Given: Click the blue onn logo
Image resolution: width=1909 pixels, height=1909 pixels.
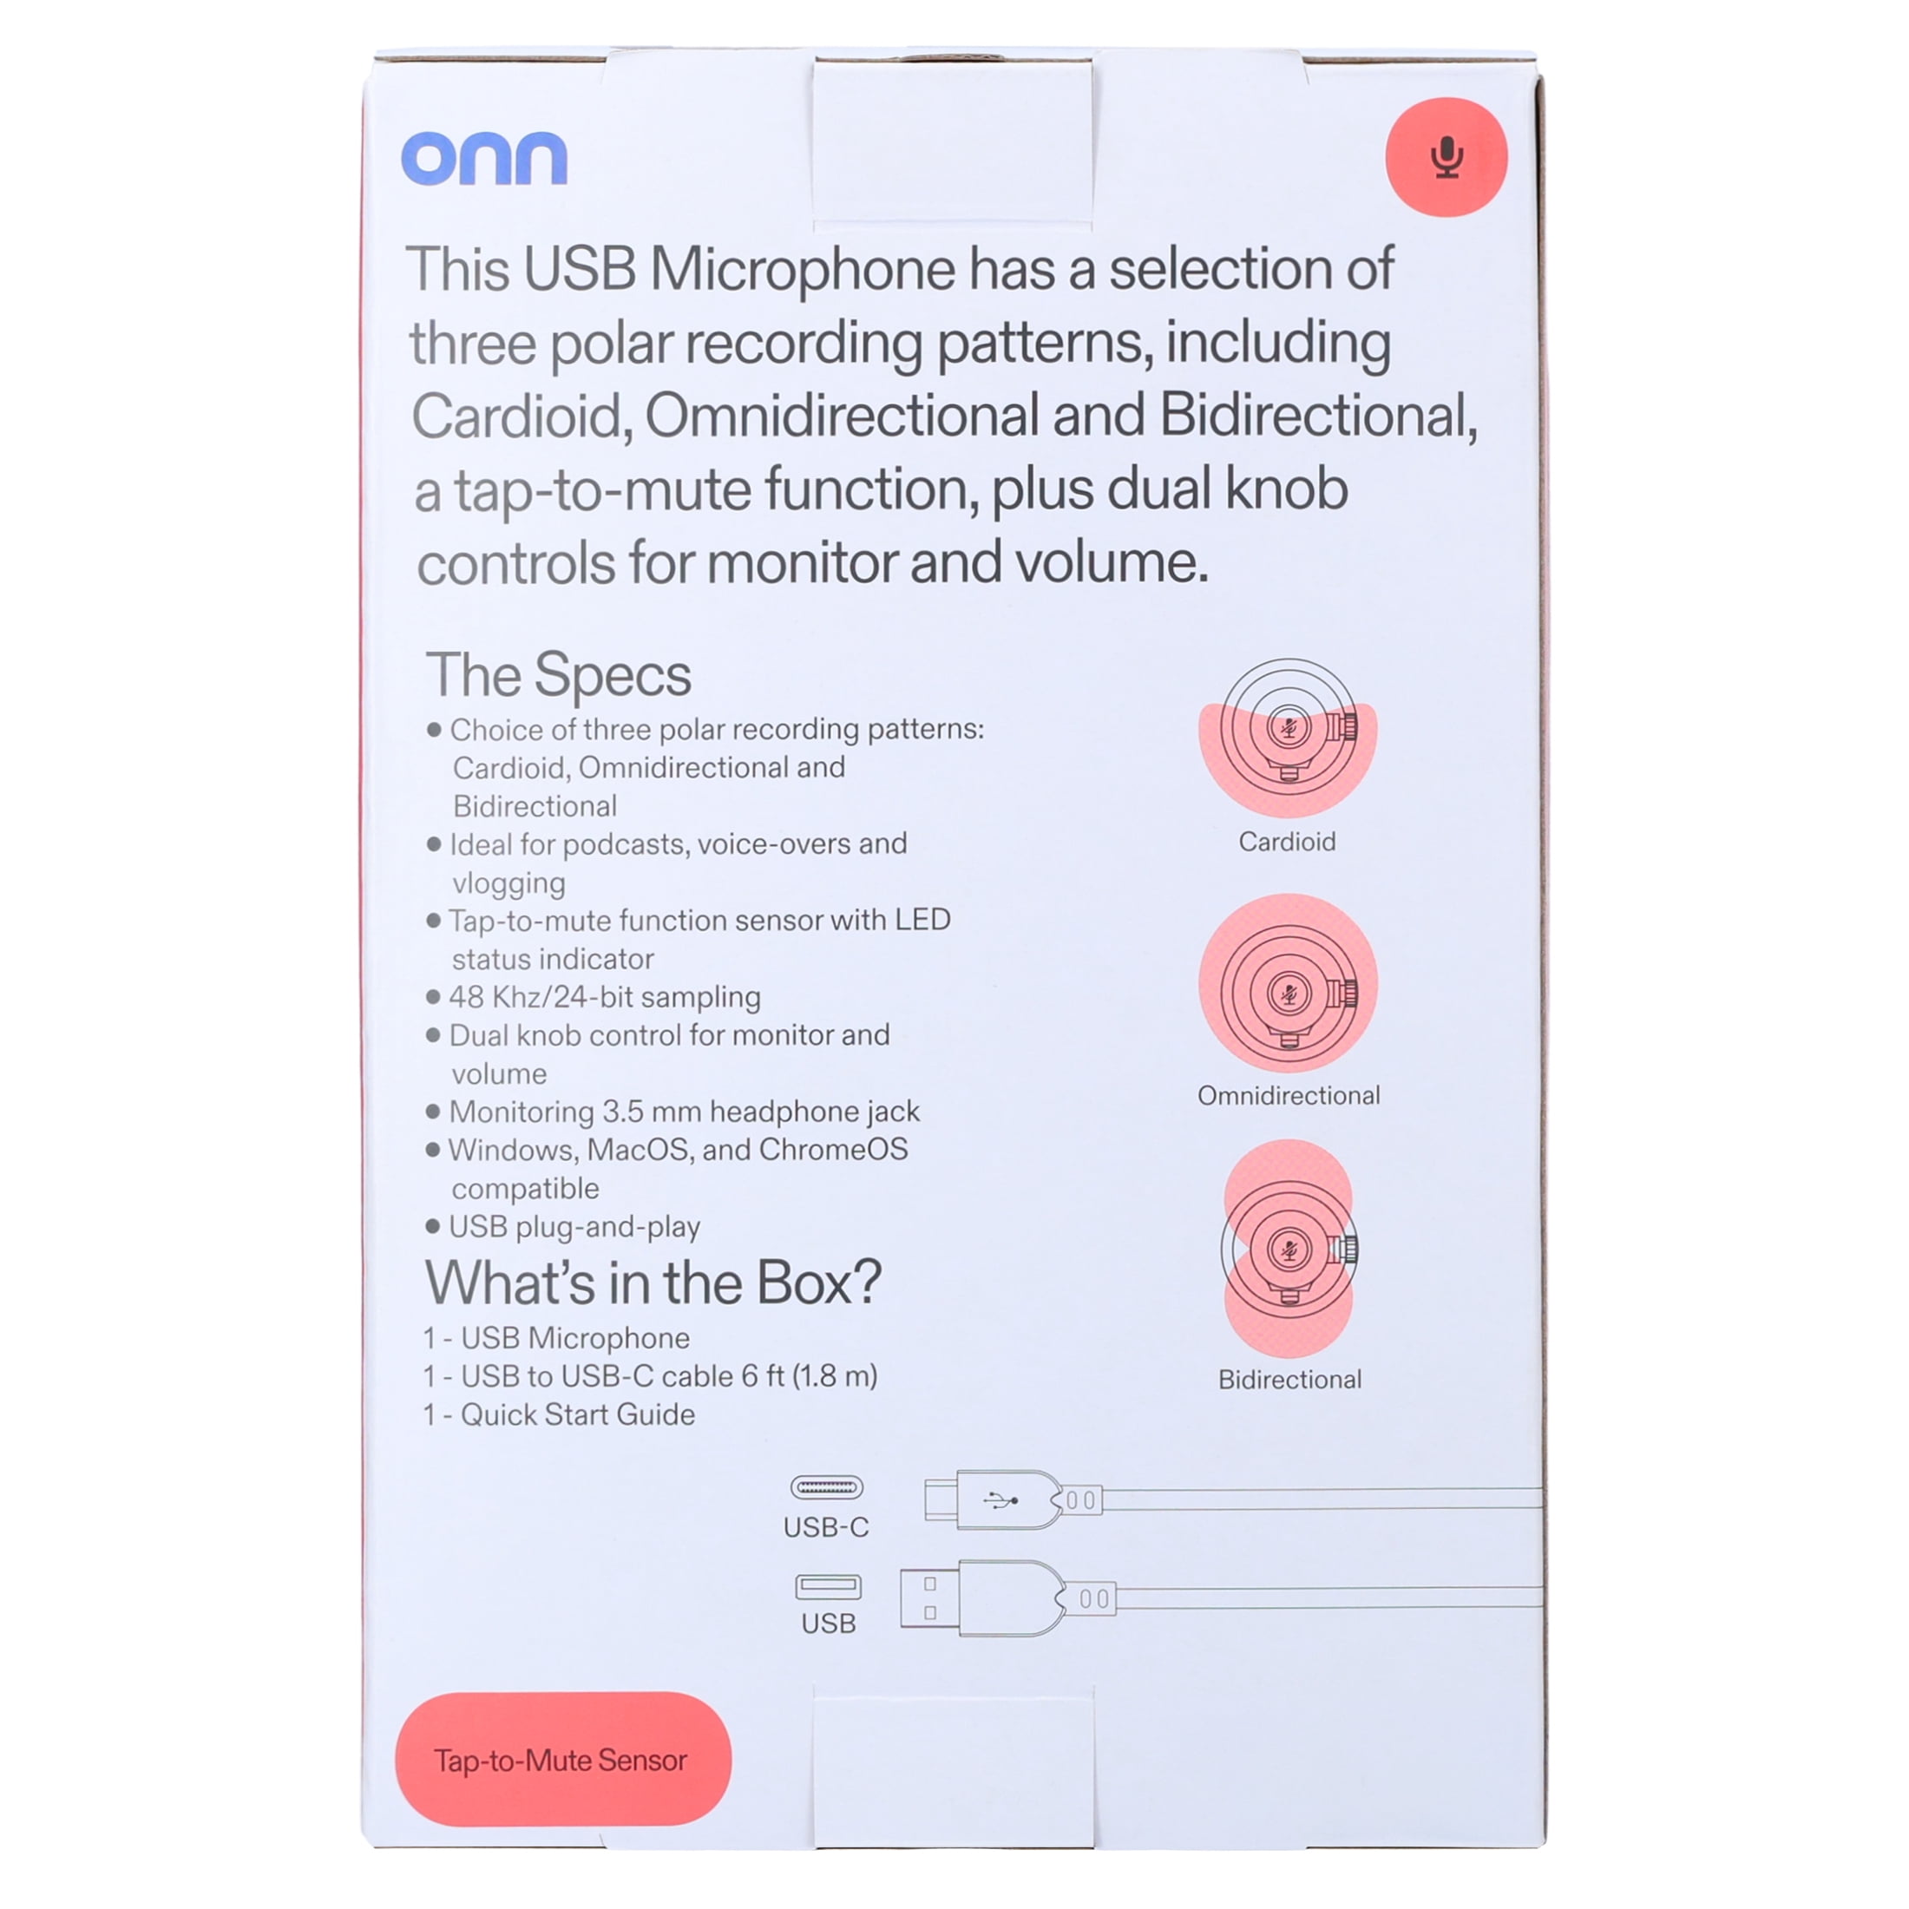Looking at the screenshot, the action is point(484,158).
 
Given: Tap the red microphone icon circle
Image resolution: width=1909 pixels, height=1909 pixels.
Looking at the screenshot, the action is point(1447,157).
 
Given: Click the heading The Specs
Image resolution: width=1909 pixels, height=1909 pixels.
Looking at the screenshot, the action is point(558,676).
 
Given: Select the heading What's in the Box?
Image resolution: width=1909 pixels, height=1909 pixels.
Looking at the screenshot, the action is point(653,1283).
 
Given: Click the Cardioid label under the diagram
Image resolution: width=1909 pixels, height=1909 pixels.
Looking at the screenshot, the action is point(1288,842).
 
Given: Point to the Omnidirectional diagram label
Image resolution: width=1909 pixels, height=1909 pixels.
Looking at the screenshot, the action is point(1289,1096).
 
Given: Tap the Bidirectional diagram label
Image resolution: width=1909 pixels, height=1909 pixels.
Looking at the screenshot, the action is point(1289,1380).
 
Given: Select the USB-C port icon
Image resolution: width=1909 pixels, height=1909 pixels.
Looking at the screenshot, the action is point(827,1487).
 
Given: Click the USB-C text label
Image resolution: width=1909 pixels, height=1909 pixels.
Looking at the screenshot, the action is point(826,1527).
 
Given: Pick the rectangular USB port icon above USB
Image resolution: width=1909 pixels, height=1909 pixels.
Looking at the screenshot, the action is point(828,1587).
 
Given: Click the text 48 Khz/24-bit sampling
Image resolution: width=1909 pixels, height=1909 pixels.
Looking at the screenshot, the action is point(605,997).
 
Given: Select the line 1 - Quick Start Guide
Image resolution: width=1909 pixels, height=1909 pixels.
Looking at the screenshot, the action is point(560,1415).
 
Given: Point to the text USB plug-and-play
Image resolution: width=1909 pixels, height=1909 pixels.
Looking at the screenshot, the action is point(574,1227).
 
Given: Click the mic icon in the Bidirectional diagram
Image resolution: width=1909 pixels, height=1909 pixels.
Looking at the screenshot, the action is point(1289,1250).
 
